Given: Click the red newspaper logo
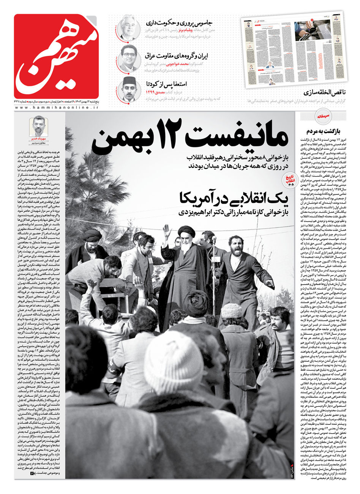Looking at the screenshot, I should click(56, 56).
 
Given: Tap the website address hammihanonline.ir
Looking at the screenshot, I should click(57, 108).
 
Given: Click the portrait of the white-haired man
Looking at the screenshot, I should click(128, 27).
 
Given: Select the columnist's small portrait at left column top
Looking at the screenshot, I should click(38, 126).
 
